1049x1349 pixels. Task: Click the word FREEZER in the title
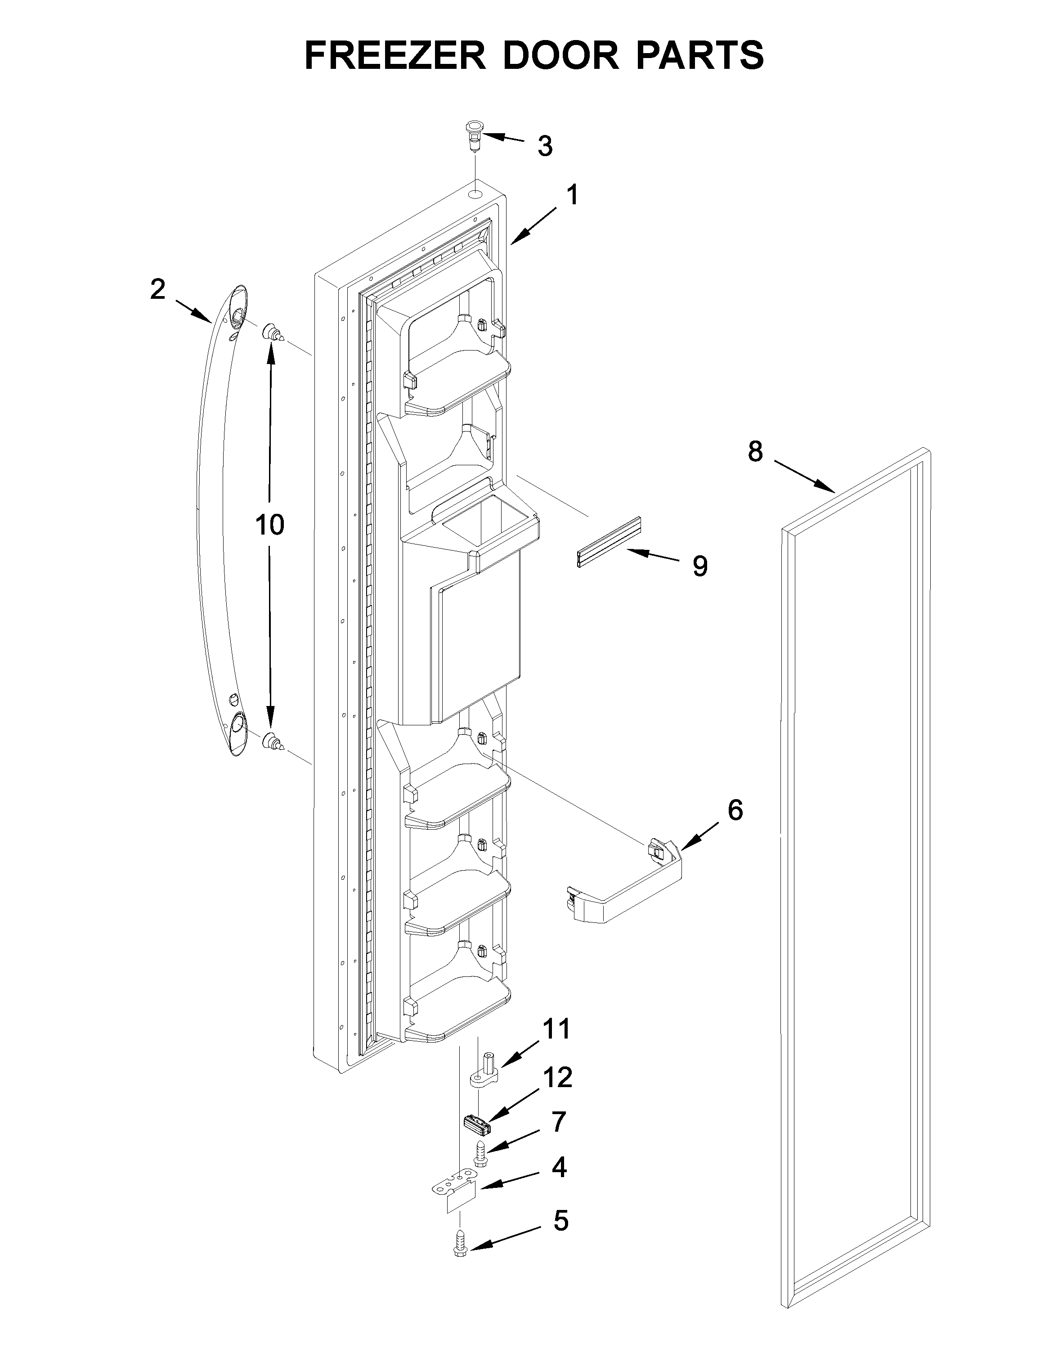click(x=395, y=56)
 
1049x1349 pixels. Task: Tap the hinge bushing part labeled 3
click(x=474, y=136)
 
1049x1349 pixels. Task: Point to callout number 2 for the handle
click(x=158, y=290)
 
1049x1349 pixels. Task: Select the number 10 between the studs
click(x=270, y=525)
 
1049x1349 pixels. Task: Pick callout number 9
click(x=699, y=566)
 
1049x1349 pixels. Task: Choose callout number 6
click(x=735, y=810)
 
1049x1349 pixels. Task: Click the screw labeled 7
click(x=480, y=1154)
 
